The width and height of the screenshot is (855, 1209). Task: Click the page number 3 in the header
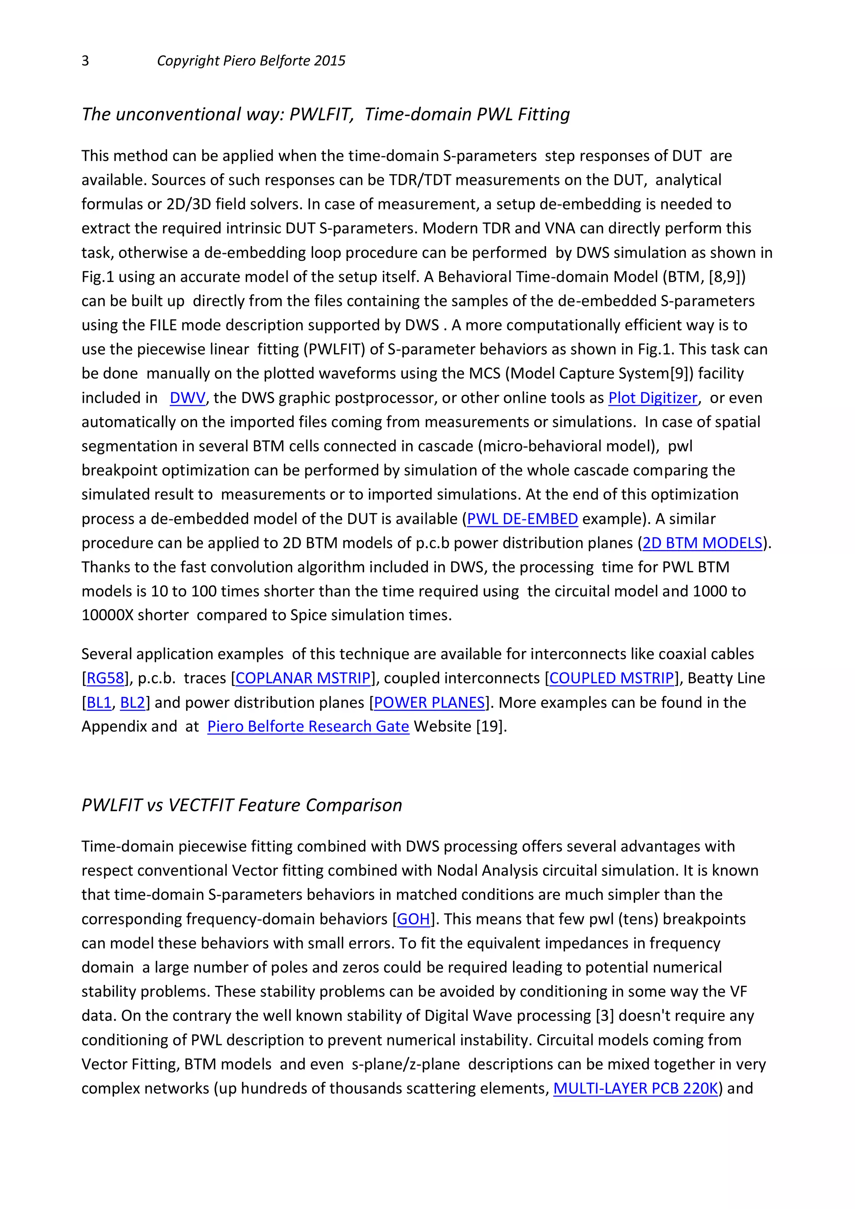click(85, 61)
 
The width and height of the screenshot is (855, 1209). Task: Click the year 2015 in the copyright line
click(329, 61)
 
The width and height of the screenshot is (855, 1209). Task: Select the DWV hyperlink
click(187, 398)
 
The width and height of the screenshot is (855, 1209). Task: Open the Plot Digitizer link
click(653, 398)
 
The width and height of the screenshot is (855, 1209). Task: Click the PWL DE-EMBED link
click(522, 519)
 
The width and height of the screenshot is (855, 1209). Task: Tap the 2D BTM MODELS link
click(702, 543)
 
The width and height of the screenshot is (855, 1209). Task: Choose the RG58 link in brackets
click(105, 678)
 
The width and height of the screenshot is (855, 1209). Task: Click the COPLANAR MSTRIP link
click(303, 678)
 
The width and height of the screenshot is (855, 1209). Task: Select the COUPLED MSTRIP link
click(611, 678)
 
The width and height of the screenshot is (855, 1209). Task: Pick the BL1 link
click(99, 703)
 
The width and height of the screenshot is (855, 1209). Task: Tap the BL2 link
click(132, 703)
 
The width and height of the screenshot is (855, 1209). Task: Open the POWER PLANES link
click(429, 703)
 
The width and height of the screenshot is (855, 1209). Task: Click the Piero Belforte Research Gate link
click(308, 727)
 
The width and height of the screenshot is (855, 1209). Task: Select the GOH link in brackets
click(413, 919)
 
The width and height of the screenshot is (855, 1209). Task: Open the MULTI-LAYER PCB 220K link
click(635, 1089)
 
